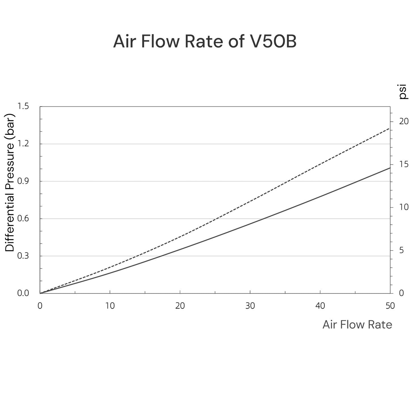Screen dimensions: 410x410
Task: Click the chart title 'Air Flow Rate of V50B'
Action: pyautogui.click(x=205, y=42)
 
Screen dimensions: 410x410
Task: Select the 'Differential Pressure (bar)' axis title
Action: pyautogui.click(x=10, y=182)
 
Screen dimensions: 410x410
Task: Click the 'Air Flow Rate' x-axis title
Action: pyautogui.click(x=357, y=325)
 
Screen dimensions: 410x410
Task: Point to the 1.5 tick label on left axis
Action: pyautogui.click(x=23, y=106)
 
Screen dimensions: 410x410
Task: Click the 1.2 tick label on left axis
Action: pyautogui.click(x=23, y=144)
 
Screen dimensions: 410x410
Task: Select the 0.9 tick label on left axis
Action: pyautogui.click(x=23, y=181)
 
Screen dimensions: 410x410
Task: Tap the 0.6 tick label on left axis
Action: pyautogui.click(x=23, y=219)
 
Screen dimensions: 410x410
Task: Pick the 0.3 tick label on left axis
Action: pyautogui.click(x=23, y=256)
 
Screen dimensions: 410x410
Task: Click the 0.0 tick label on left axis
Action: pyautogui.click(x=23, y=293)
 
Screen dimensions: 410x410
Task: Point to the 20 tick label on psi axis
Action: pyautogui.click(x=403, y=121)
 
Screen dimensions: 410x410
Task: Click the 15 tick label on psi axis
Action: pyautogui.click(x=403, y=164)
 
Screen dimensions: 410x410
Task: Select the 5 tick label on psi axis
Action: pyautogui.click(x=401, y=250)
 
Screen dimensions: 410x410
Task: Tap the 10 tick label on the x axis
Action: pyautogui.click(x=110, y=306)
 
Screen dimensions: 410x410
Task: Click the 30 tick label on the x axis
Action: pyautogui.click(x=250, y=306)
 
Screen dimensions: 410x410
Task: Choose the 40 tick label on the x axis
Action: pyautogui.click(x=320, y=306)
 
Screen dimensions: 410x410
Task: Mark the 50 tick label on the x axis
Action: pyautogui.click(x=390, y=306)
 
